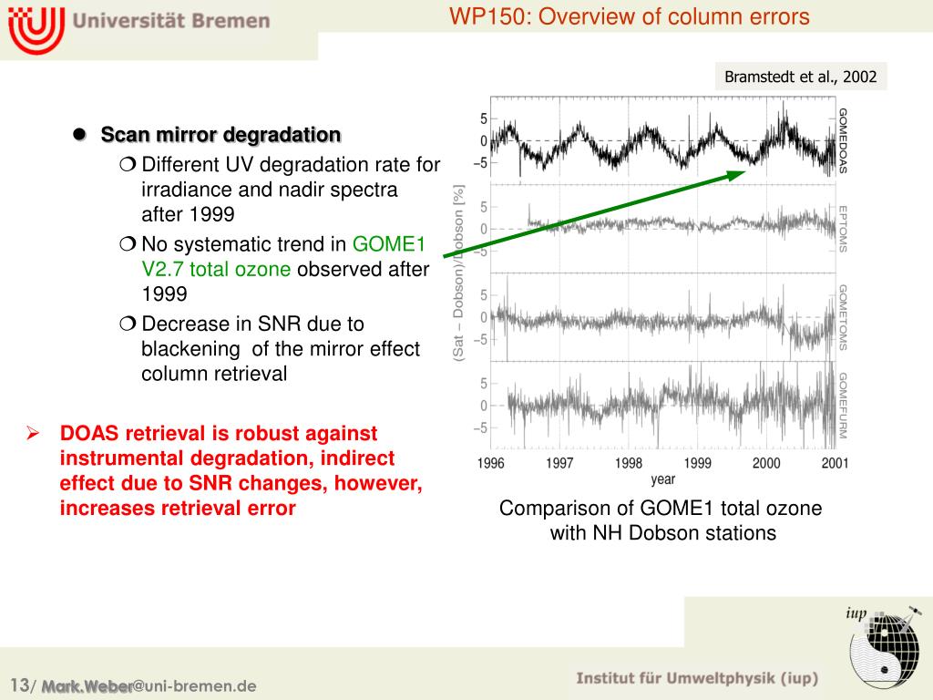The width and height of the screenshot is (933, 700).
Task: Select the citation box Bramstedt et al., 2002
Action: [x=800, y=77]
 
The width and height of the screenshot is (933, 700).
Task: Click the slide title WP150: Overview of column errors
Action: [x=629, y=16]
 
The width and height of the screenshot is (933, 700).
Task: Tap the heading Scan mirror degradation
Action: [x=220, y=135]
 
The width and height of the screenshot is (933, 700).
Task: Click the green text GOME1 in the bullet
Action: [x=390, y=244]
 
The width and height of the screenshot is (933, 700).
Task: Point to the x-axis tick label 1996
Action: [x=490, y=463]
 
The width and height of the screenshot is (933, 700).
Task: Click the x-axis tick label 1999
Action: [x=697, y=463]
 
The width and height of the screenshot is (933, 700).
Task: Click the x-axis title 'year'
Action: [x=662, y=479]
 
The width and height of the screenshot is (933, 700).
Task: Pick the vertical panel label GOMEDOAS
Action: [x=843, y=140]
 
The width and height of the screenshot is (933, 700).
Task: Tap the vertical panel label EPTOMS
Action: [x=843, y=227]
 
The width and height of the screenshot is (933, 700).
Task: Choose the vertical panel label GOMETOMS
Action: [x=843, y=316]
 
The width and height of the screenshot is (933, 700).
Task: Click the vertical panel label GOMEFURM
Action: [x=843, y=404]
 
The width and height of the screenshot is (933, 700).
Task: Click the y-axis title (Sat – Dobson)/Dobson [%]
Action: [x=459, y=273]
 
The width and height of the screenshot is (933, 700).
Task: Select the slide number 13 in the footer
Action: [x=19, y=685]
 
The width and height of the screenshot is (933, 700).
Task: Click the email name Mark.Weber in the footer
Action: [x=87, y=686]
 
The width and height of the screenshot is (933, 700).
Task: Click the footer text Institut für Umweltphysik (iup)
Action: [x=697, y=678]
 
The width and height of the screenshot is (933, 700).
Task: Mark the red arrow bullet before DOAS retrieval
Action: [x=31, y=433]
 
